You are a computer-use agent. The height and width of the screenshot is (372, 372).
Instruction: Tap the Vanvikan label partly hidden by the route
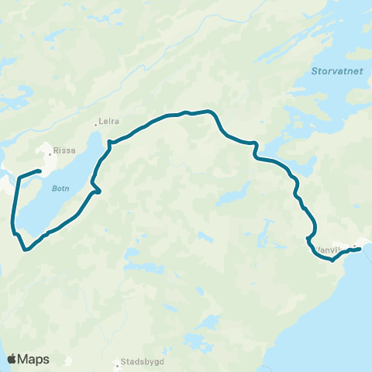(x=330, y=250)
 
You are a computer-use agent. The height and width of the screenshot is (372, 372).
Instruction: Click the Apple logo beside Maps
(x=12, y=359)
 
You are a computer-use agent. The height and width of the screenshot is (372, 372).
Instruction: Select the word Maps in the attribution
(x=34, y=359)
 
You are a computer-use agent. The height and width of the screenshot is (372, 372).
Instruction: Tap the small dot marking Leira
(x=95, y=122)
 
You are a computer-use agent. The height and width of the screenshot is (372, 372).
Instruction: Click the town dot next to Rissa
(x=52, y=145)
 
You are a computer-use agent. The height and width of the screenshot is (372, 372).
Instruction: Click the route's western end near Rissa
(x=40, y=171)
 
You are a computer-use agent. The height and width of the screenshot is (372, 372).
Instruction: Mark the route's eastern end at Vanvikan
(x=360, y=248)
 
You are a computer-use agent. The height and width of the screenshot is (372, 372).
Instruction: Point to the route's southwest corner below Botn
(x=26, y=250)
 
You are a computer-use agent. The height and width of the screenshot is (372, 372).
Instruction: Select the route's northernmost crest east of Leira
(x=186, y=112)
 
